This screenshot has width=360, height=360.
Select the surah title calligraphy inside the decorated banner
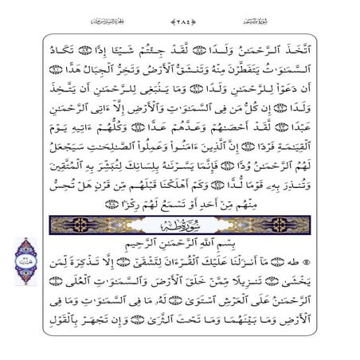(180, 225)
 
